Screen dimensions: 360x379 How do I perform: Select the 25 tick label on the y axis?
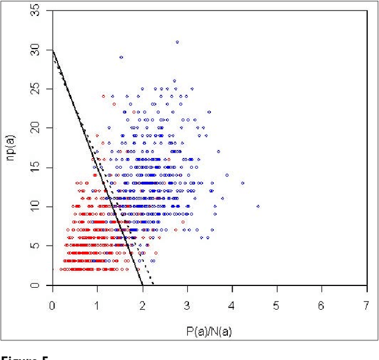click(x=36, y=89)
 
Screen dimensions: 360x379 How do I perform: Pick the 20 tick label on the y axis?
click(x=36, y=128)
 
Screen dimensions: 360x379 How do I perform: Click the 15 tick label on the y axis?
click(x=36, y=168)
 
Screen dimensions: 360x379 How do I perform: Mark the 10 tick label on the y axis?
click(x=36, y=207)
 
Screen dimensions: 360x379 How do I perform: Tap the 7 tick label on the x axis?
click(x=367, y=305)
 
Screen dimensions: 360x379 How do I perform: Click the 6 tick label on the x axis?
click(x=322, y=305)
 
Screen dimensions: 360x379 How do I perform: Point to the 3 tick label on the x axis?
click(x=187, y=305)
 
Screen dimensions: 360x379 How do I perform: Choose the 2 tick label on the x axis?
click(x=142, y=305)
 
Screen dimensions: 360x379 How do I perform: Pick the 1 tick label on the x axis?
click(x=97, y=305)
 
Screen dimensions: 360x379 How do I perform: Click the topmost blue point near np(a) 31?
click(x=177, y=42)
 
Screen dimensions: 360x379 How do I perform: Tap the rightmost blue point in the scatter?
click(x=258, y=207)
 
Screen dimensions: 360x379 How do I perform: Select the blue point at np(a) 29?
click(x=121, y=57)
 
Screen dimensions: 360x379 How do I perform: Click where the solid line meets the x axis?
click(x=142, y=285)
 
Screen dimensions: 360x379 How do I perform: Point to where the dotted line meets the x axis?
click(x=153, y=285)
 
